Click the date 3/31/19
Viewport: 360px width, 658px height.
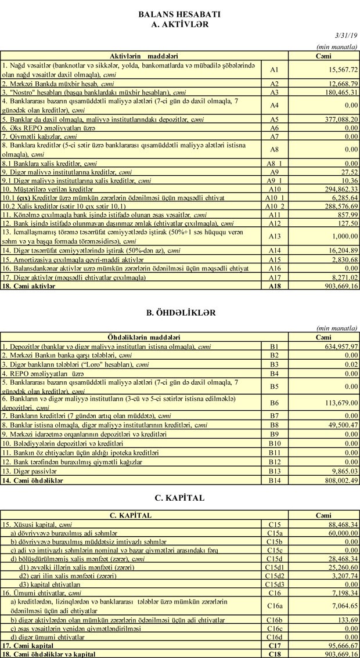tap(345, 36)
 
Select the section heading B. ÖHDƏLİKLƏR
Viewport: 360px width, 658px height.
tap(179, 312)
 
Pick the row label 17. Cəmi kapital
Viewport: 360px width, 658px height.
tap(28, 645)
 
